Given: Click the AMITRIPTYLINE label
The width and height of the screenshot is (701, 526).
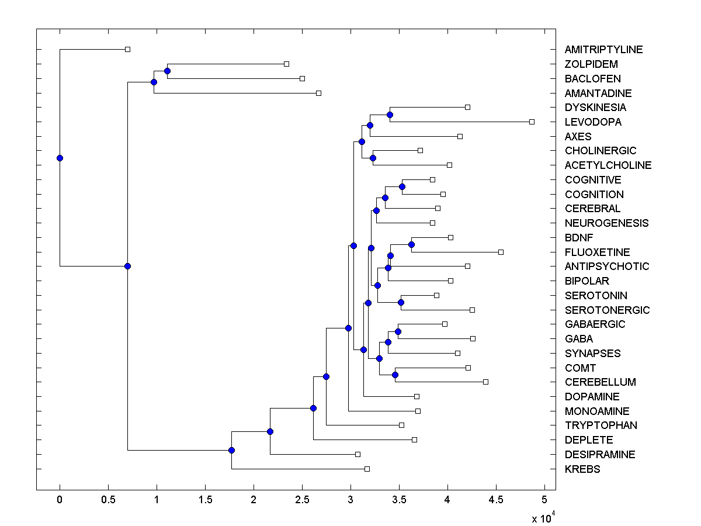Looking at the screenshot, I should pos(603,50).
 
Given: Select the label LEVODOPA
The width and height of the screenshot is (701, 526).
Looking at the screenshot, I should pos(593,122).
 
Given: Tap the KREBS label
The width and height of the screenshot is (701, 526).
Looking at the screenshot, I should pos(582,469).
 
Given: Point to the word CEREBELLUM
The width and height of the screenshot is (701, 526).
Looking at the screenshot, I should pos(600,382).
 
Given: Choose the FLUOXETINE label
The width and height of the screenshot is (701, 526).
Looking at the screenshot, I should pos(597,252).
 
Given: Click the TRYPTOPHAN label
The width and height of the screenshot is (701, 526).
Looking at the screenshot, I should pos(601,425).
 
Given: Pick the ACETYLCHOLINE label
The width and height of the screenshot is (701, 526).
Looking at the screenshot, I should pos(608,165).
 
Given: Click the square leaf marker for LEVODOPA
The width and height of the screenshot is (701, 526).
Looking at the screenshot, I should pos(532,122).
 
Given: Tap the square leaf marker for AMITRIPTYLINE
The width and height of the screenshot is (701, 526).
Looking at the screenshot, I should pos(128,49).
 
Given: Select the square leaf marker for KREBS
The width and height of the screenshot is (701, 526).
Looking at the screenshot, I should pos(367,469).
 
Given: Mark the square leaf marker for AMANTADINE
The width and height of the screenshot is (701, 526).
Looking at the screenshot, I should pos(318,93).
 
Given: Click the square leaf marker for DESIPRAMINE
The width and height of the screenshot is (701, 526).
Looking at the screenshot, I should pos(358,454).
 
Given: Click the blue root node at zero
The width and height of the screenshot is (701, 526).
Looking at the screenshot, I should pos(60,158).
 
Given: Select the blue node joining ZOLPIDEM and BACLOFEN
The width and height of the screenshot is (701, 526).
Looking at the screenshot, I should pos(167,71).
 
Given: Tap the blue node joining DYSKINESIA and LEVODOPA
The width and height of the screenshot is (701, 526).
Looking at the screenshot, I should pos(390,115).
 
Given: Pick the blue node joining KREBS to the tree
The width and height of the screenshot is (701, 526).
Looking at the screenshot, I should pos(231,450).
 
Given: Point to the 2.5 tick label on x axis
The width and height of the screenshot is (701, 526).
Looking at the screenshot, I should pos(302,500).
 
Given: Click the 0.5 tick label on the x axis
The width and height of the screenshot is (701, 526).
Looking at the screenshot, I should pos(108,500).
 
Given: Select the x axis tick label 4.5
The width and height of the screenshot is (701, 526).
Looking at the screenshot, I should pos(496,500).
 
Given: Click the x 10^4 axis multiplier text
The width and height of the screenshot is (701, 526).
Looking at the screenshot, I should pos(542,518).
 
